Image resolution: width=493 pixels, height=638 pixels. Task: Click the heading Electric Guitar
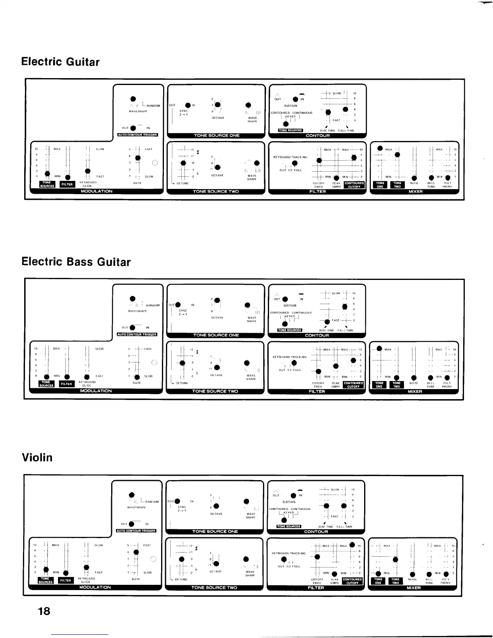pyautogui.click(x=60, y=62)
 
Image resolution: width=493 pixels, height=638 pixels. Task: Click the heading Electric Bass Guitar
pyautogui.click(x=76, y=262)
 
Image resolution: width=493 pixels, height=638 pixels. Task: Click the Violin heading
pyautogui.click(x=37, y=458)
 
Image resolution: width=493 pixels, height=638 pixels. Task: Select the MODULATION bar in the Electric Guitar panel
pyautogui.click(x=97, y=191)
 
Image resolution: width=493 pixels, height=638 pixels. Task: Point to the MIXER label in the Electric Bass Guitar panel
pyautogui.click(x=415, y=391)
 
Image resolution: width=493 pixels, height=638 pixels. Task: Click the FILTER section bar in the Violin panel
pyautogui.click(x=316, y=588)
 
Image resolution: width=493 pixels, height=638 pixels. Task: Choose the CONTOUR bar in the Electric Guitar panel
pyautogui.click(x=317, y=136)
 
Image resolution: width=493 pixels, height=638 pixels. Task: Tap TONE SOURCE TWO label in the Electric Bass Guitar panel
pyautogui.click(x=215, y=391)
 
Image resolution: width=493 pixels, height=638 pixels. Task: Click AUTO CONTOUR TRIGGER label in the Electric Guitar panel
pyautogui.click(x=137, y=135)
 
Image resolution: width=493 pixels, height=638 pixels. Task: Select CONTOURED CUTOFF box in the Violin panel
pyautogui.click(x=352, y=581)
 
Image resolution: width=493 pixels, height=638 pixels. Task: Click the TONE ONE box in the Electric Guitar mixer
pyautogui.click(x=379, y=184)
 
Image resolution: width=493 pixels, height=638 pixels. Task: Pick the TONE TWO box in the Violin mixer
pyautogui.click(x=396, y=581)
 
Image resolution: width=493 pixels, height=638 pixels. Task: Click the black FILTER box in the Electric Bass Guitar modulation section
pyautogui.click(x=66, y=384)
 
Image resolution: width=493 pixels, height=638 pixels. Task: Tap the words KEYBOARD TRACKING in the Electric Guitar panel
pyautogui.click(x=290, y=157)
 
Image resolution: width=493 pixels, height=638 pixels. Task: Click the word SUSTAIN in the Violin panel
pyautogui.click(x=289, y=502)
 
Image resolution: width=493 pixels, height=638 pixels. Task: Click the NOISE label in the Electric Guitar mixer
pyautogui.click(x=414, y=183)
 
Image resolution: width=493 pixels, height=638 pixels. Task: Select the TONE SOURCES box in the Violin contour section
pyautogui.click(x=289, y=526)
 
